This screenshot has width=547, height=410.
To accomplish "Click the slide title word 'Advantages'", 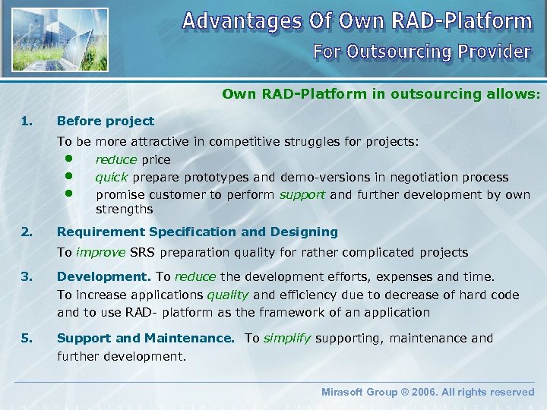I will click(240, 20).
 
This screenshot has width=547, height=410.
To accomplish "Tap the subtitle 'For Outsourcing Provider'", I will click(422, 52).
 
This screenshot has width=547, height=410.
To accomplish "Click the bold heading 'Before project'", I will click(106, 121).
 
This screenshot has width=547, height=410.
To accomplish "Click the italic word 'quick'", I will click(112, 177).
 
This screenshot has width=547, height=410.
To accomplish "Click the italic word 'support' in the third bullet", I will click(302, 194).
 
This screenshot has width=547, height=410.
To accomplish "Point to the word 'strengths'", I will click(124, 209).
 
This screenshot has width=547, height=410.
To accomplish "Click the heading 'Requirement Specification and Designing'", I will click(198, 232).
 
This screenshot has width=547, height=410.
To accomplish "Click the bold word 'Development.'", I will click(105, 276).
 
